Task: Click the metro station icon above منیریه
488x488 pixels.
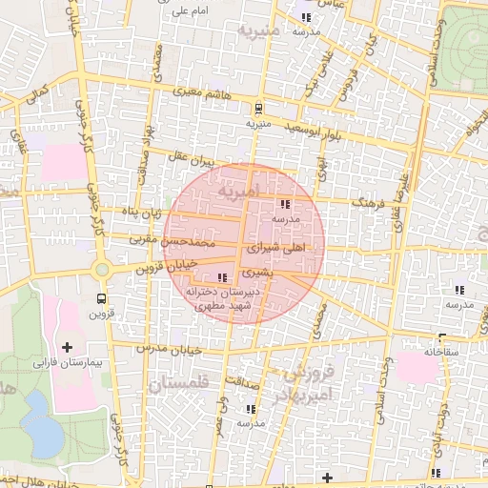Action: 259,109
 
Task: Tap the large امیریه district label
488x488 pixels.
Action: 237,193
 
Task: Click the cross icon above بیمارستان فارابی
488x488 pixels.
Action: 67,346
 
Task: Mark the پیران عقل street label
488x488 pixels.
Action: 194,156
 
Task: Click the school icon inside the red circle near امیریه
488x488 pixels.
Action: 284,204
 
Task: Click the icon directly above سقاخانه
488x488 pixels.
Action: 442,337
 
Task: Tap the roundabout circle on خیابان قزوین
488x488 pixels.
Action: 103,271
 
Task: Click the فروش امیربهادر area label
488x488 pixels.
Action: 305,379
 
